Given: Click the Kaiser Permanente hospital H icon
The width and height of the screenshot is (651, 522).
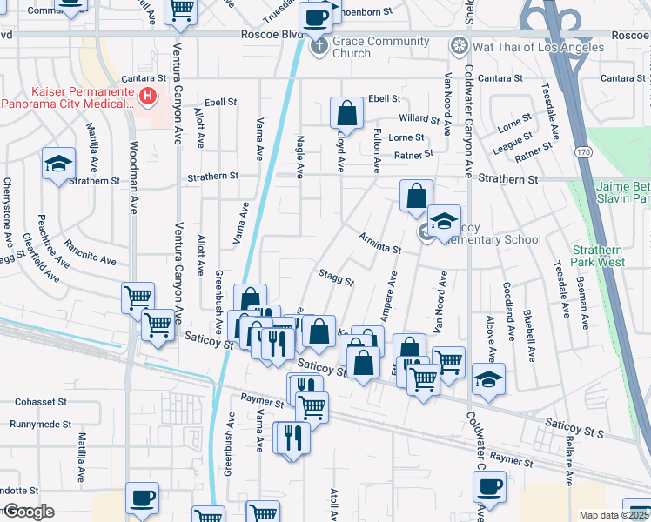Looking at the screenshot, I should (x=149, y=96).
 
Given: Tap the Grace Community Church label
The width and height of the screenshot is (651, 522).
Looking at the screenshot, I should (x=380, y=47).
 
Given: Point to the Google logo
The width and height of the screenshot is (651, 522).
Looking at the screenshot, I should (x=29, y=511).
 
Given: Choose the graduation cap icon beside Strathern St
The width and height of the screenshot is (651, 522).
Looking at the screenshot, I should (x=58, y=164).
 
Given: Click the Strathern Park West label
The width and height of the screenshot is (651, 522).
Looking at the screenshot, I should (x=598, y=255).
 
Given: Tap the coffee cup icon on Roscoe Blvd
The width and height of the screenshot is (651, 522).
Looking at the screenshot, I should (x=315, y=17).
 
